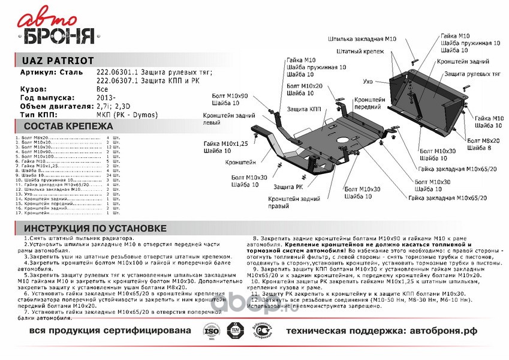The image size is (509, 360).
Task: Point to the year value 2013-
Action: [106, 97]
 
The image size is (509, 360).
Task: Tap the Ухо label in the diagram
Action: [368, 81]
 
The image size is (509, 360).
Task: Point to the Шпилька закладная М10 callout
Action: [362, 39]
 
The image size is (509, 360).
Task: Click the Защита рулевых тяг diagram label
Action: [473, 73]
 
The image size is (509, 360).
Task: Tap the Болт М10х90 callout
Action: [231, 96]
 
